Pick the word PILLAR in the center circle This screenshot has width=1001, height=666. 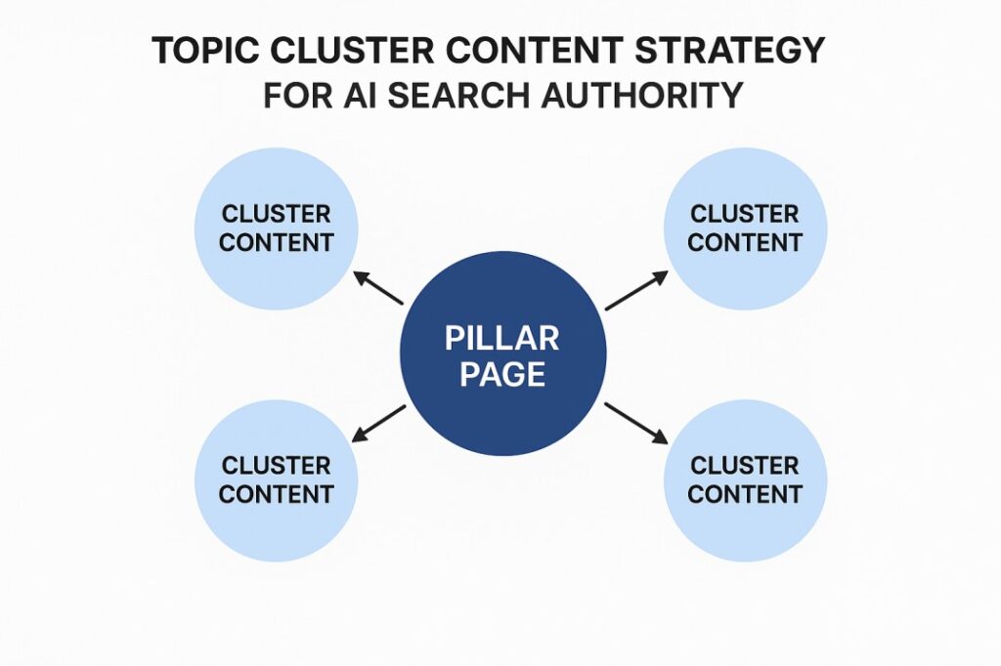click(502, 339)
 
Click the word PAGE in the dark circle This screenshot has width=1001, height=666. click(502, 375)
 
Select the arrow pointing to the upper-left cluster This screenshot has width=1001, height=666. click(378, 289)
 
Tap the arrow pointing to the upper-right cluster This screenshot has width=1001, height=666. click(636, 291)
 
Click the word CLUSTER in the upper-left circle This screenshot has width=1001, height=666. click(277, 214)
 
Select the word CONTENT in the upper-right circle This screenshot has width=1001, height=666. click(745, 242)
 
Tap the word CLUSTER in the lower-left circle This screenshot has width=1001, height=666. click(277, 466)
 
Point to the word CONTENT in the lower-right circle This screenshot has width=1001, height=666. click(745, 494)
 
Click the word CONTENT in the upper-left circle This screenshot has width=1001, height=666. click(277, 242)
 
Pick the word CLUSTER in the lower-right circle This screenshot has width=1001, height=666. click(745, 466)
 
